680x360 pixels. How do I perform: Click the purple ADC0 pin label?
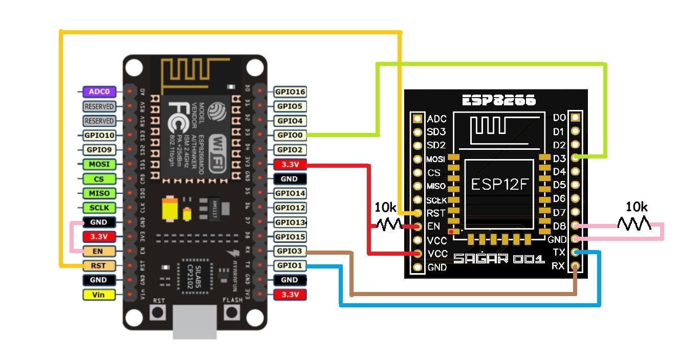[99, 92]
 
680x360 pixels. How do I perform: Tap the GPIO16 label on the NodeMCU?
[290, 92]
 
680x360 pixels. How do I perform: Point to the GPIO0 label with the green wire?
[290, 136]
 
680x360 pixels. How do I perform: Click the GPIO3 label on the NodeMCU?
[290, 251]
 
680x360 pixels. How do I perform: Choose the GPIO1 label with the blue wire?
[290, 265]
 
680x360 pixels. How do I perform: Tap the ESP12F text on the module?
[498, 185]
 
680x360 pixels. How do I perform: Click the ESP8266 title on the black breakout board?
[499, 100]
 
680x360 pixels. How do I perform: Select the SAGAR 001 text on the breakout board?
[498, 259]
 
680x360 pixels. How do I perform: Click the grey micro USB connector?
[194, 322]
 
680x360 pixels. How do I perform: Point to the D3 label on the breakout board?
[559, 159]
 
